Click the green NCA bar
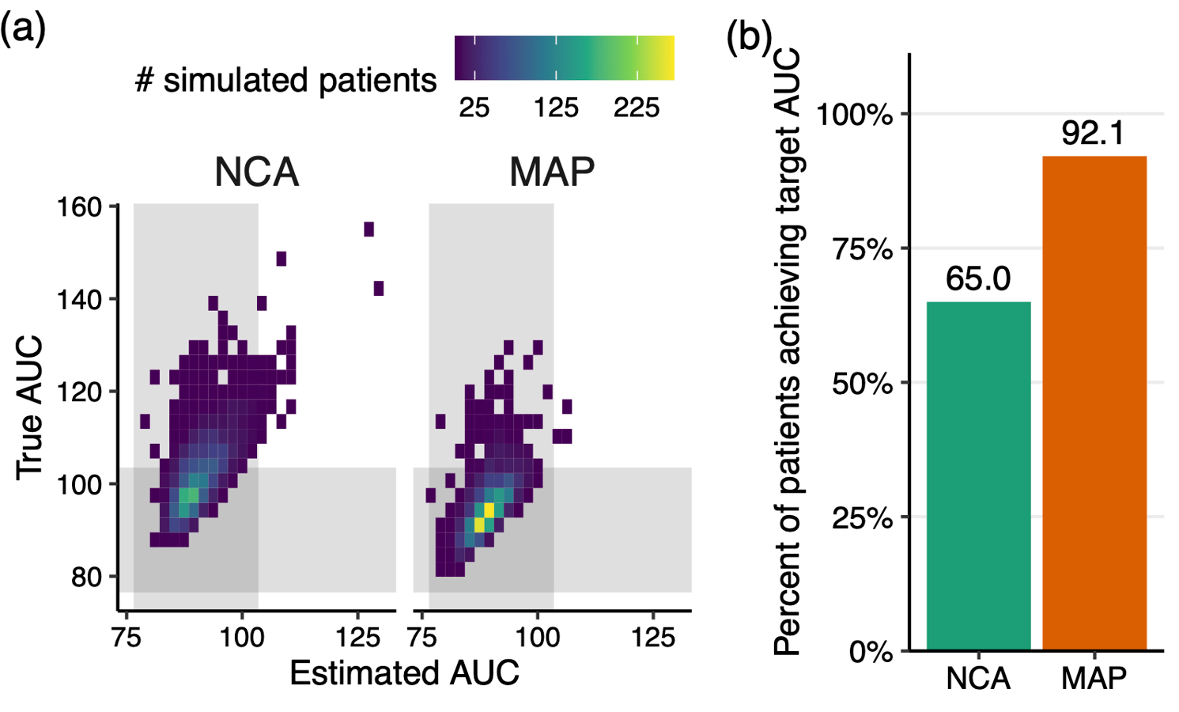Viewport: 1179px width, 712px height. (978, 475)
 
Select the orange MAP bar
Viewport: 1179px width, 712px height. (1094, 403)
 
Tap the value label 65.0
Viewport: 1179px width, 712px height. (978, 278)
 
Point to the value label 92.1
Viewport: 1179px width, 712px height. (1093, 133)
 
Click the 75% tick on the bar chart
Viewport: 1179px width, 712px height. (863, 249)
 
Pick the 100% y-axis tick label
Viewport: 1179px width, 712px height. (855, 115)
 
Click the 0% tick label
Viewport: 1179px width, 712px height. (871, 652)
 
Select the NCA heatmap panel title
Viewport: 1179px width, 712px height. (256, 172)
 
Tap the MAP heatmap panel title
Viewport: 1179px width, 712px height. (552, 172)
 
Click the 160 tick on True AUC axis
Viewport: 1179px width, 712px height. (80, 207)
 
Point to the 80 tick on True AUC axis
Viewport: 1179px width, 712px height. (86, 577)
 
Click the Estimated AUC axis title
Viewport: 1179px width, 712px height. (404, 673)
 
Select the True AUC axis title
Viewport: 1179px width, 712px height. (29, 407)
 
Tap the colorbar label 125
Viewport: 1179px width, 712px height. (556, 108)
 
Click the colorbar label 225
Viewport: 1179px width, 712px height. (637, 108)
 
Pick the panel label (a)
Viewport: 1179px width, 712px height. (24, 29)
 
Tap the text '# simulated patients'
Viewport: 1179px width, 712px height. (285, 80)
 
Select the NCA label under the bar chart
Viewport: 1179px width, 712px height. (978, 679)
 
